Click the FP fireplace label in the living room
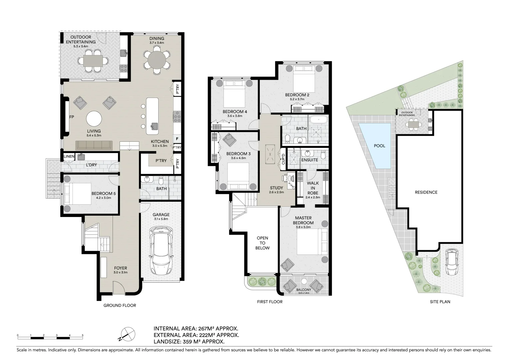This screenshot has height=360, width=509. [72, 117]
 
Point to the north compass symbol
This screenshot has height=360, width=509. [127, 335]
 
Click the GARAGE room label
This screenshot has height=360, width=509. [161, 214]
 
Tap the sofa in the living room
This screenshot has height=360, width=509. [94, 146]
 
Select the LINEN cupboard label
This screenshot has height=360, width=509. [69, 156]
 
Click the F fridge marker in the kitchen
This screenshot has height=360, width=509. [177, 139]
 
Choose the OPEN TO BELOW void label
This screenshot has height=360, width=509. [262, 243]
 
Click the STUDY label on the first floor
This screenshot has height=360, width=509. [276, 188]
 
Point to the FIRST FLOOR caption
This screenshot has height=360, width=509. [270, 302]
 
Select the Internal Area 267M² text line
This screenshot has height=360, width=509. [196, 328]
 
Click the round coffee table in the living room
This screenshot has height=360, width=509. [94, 118]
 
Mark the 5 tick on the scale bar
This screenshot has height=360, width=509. [83, 335]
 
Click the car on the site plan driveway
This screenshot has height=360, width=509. [451, 262]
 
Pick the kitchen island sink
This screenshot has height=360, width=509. [155, 126]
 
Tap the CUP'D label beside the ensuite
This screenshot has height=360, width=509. [283, 159]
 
